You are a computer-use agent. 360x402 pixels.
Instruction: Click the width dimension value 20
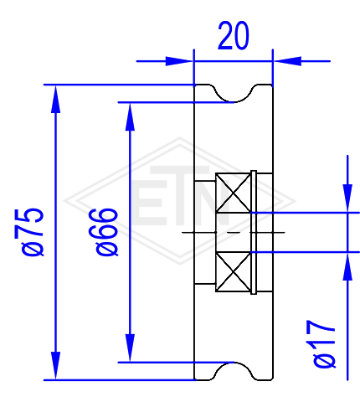pos(233,35)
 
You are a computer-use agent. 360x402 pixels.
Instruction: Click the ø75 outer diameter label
pos(33,232)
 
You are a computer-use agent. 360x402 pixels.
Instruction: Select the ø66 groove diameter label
pos(107,232)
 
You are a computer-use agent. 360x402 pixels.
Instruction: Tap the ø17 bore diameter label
pos(324,344)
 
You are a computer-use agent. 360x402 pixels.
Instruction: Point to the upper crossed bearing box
pos(234,193)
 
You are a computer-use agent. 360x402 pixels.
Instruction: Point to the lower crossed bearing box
pos(234,271)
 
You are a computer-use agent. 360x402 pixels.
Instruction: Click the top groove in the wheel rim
pos(234,95)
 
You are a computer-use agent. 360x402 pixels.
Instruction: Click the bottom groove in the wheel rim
pos(234,371)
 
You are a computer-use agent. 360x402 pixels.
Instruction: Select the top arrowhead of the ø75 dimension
pos(56,99)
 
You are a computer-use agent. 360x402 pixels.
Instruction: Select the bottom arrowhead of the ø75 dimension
pos(56,366)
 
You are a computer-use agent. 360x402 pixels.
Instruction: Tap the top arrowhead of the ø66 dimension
pos(130,116)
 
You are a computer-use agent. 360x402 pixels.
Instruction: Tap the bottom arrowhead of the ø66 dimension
pos(130,348)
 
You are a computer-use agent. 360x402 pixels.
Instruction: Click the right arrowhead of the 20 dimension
pos(287,61)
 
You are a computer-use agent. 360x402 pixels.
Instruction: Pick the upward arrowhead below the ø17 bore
pos(347,266)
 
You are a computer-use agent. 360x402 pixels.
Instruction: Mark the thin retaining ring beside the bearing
pos(254,232)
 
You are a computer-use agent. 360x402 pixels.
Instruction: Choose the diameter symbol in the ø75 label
pos(33,249)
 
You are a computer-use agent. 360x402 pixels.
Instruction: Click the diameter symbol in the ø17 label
pos(324,361)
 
